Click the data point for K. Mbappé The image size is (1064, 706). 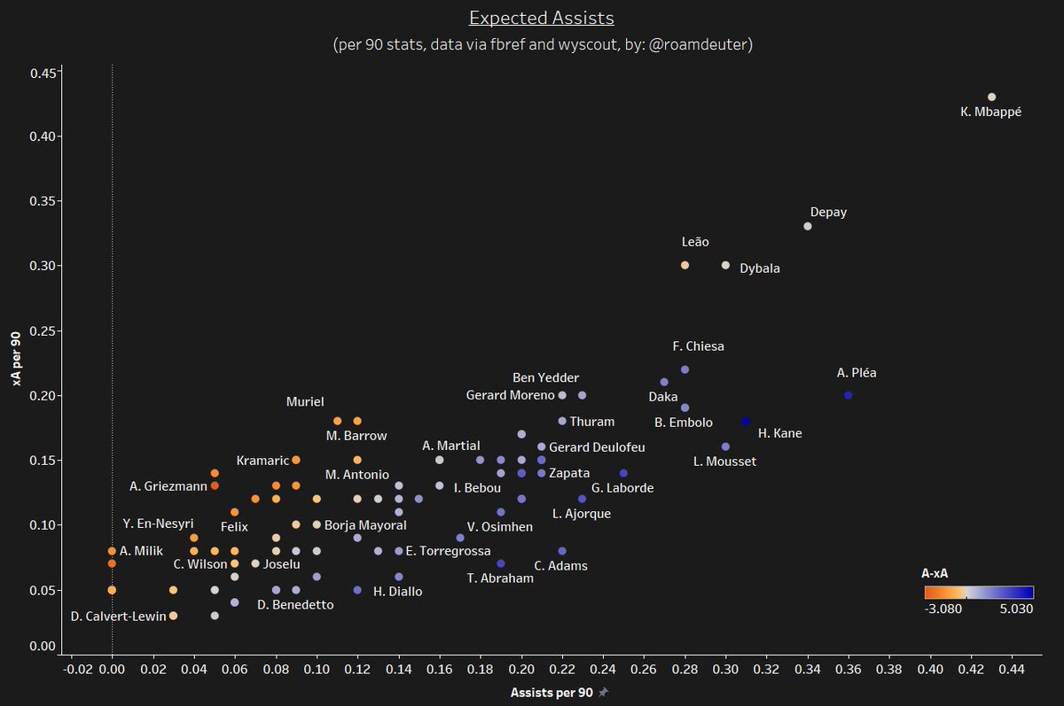[x=991, y=97]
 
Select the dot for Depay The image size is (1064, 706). [x=807, y=226]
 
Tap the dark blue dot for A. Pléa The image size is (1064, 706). [x=848, y=395]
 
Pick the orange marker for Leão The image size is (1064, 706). [x=685, y=265]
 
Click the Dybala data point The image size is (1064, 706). [x=725, y=265]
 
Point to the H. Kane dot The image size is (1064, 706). [x=746, y=422]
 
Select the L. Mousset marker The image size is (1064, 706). [x=725, y=446]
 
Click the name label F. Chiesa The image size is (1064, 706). [x=698, y=346]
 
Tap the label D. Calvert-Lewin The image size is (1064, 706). [x=118, y=616]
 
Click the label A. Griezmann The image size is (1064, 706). [x=168, y=485]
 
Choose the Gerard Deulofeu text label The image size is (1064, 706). [x=597, y=447]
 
